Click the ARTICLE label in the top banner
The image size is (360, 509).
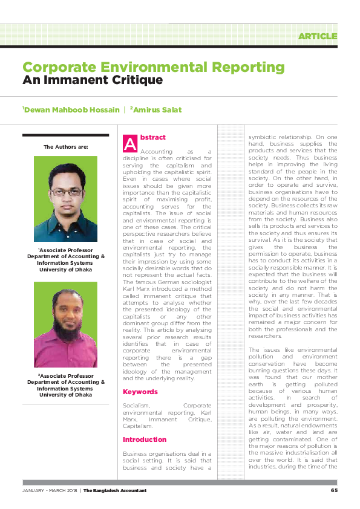click(x=317, y=36)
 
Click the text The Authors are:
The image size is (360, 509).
click(x=65, y=147)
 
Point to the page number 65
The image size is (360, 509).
click(x=334, y=490)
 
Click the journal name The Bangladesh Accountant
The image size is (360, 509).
click(x=115, y=490)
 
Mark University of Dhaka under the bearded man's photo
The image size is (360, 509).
click(x=65, y=395)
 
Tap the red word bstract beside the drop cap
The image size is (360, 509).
click(x=152, y=138)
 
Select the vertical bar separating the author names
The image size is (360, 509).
click(x=124, y=109)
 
